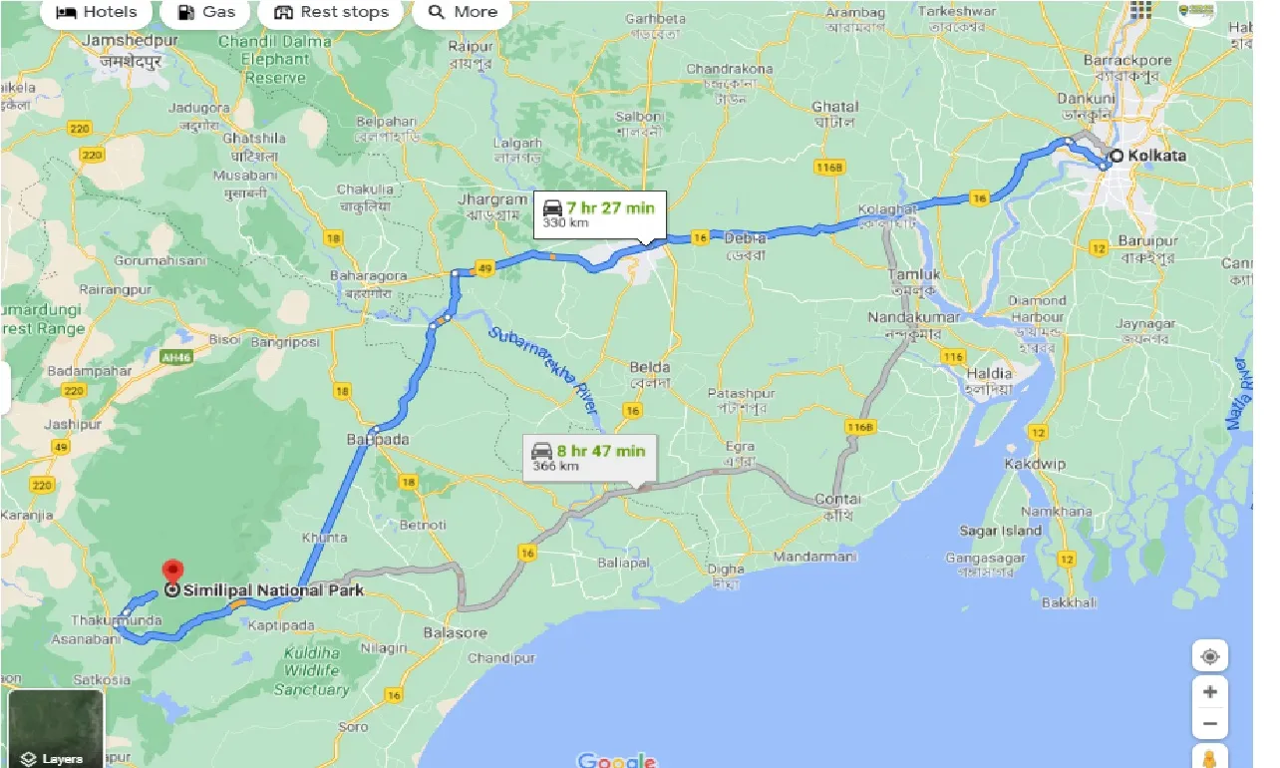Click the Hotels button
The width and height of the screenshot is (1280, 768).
pyautogui.click(x=96, y=12)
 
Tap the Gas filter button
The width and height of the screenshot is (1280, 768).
pyautogui.click(x=206, y=12)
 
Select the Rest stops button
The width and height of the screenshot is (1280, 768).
pyautogui.click(x=330, y=12)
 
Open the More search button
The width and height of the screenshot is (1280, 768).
pyautogui.click(x=462, y=12)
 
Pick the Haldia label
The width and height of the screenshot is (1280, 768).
pyautogui.click(x=988, y=374)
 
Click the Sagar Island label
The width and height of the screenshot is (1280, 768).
pyautogui.click(x=1000, y=531)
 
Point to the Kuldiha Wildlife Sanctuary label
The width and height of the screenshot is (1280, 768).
pyautogui.click(x=311, y=670)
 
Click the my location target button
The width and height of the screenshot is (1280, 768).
pyautogui.click(x=1210, y=656)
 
